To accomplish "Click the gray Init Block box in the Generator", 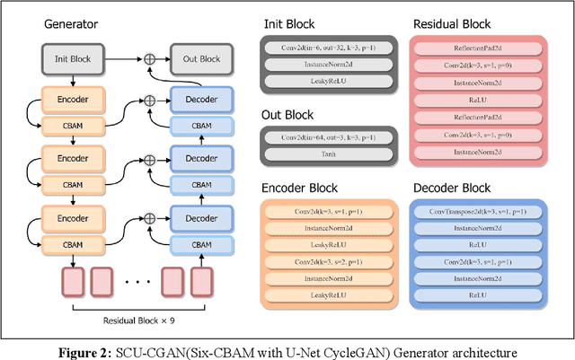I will point(68,58).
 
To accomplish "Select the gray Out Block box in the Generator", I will point(198,58).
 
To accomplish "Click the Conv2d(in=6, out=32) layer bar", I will point(329,46).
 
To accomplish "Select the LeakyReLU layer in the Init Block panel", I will point(329,81).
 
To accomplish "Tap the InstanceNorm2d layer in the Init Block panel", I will point(329,64).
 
